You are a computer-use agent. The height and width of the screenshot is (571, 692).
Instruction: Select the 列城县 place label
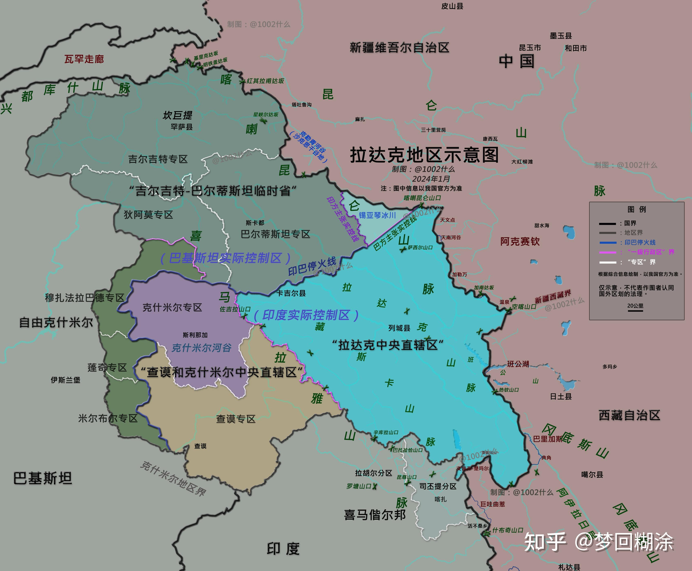(x=399, y=328)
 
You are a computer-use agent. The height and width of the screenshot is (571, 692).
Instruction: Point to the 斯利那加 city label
(x=195, y=335)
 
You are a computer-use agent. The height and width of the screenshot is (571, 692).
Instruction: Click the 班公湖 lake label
(x=518, y=364)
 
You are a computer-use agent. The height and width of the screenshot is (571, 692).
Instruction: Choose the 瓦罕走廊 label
(x=84, y=59)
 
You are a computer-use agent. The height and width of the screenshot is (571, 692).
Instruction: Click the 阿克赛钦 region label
(x=520, y=241)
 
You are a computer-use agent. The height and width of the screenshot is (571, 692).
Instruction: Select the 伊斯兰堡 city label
(x=65, y=380)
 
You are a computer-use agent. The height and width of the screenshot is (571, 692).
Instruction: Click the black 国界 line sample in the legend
(x=607, y=224)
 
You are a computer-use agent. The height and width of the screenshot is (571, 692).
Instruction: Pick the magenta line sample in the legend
(x=607, y=252)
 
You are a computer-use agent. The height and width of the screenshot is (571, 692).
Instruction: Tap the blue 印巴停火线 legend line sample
(x=607, y=243)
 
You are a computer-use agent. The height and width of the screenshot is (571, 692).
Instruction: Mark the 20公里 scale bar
(x=635, y=310)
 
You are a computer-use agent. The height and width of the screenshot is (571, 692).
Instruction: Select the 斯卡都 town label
(x=255, y=223)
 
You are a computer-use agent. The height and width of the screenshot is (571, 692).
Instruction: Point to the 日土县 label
(x=561, y=396)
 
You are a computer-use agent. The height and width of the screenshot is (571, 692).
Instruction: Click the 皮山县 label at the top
(x=452, y=6)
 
